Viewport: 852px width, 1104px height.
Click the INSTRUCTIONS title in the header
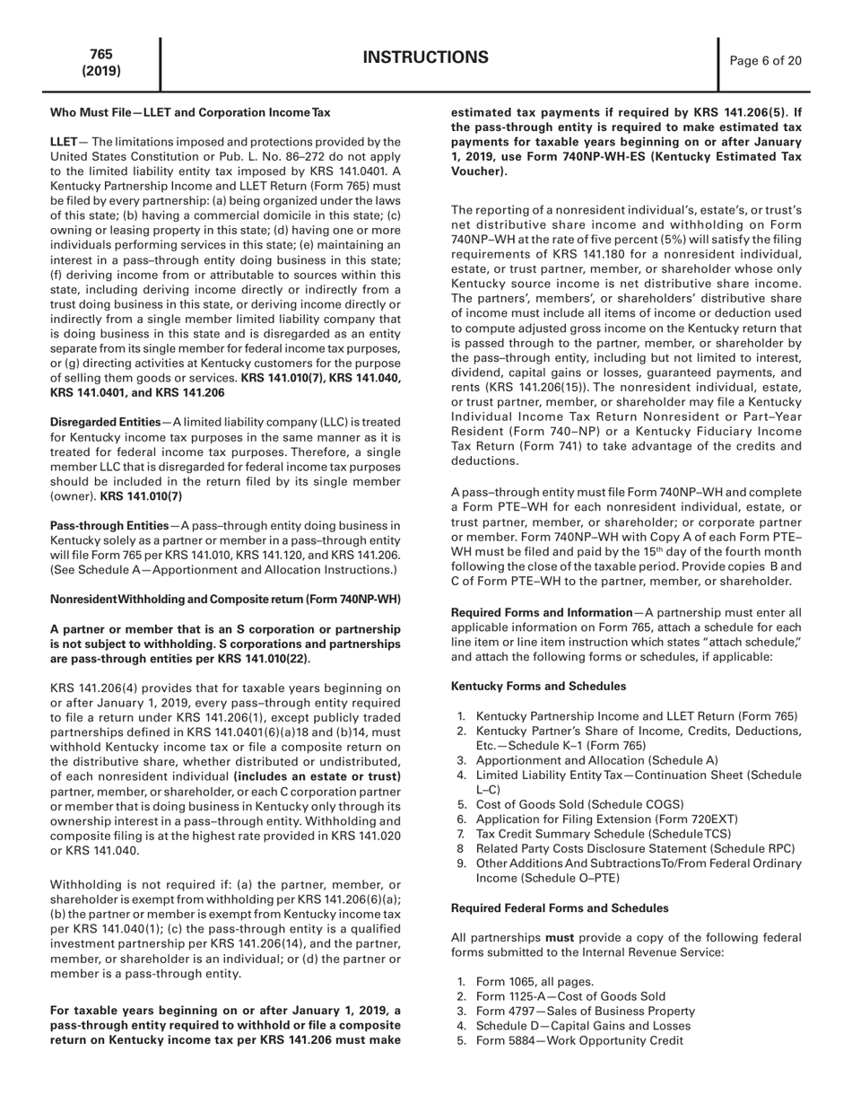[x=426, y=58]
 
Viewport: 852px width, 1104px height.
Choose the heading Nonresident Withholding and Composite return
[x=224, y=600]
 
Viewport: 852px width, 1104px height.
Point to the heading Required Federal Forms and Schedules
[x=559, y=883]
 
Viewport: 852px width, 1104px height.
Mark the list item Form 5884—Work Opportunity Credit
[x=579, y=1040]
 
